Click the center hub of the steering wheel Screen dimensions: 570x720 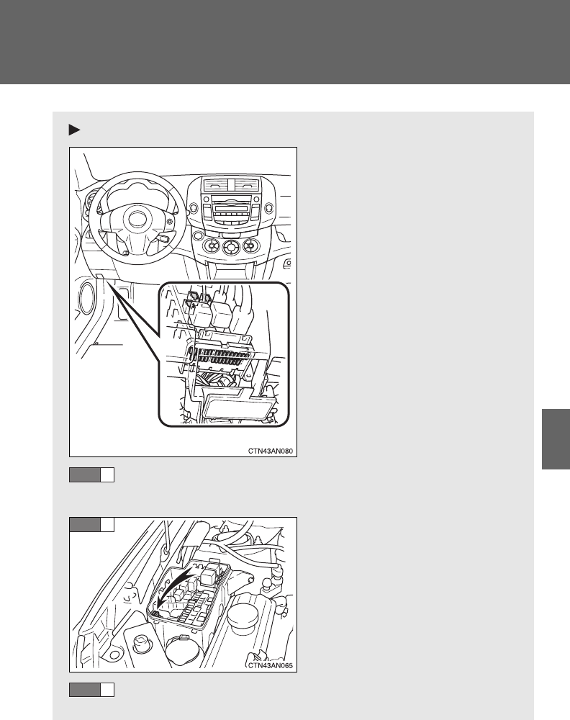pyautogui.click(x=136, y=219)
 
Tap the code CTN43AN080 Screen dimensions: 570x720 pyautogui.click(x=271, y=451)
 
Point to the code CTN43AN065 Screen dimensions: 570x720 pyautogui.click(x=271, y=665)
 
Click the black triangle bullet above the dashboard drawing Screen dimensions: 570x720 pyautogui.click(x=74, y=130)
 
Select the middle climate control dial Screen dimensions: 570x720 pyautogui.click(x=230, y=248)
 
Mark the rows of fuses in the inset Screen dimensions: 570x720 pyautogui.click(x=220, y=357)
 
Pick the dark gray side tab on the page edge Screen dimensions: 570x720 pyautogui.click(x=556, y=439)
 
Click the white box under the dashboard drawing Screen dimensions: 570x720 pyautogui.click(x=107, y=474)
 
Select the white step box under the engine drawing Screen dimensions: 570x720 pyautogui.click(x=107, y=690)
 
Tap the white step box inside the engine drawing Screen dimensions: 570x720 pyautogui.click(x=107, y=524)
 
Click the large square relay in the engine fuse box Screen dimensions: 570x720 pyautogui.click(x=209, y=575)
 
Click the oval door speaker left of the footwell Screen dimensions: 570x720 pyautogui.click(x=88, y=299)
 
